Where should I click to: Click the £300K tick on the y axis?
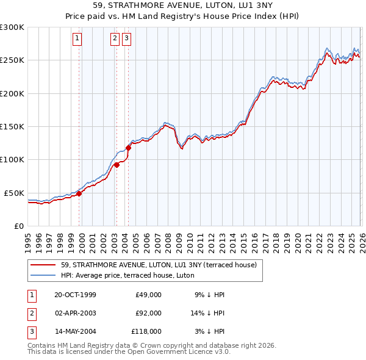pos(12,27)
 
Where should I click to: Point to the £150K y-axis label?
pos(12,126)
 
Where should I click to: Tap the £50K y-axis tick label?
pos(14,193)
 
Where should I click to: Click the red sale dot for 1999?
pos(79,193)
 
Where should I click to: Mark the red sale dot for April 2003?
pos(117,165)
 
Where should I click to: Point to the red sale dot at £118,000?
pos(129,148)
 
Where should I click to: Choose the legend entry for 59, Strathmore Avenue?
pos(159,265)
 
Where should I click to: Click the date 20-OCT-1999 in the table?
pos(75,295)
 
